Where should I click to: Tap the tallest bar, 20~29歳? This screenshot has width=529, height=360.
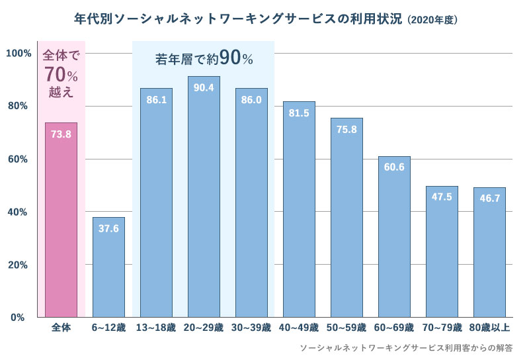[204, 199]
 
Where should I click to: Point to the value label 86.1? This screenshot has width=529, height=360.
[156, 100]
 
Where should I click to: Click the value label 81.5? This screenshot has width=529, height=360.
[299, 113]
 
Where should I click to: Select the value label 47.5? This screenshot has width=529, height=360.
[442, 197]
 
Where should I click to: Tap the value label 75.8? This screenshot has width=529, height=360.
[346, 130]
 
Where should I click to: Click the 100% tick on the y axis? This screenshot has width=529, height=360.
[19, 53]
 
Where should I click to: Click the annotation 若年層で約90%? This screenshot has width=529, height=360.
[204, 58]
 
